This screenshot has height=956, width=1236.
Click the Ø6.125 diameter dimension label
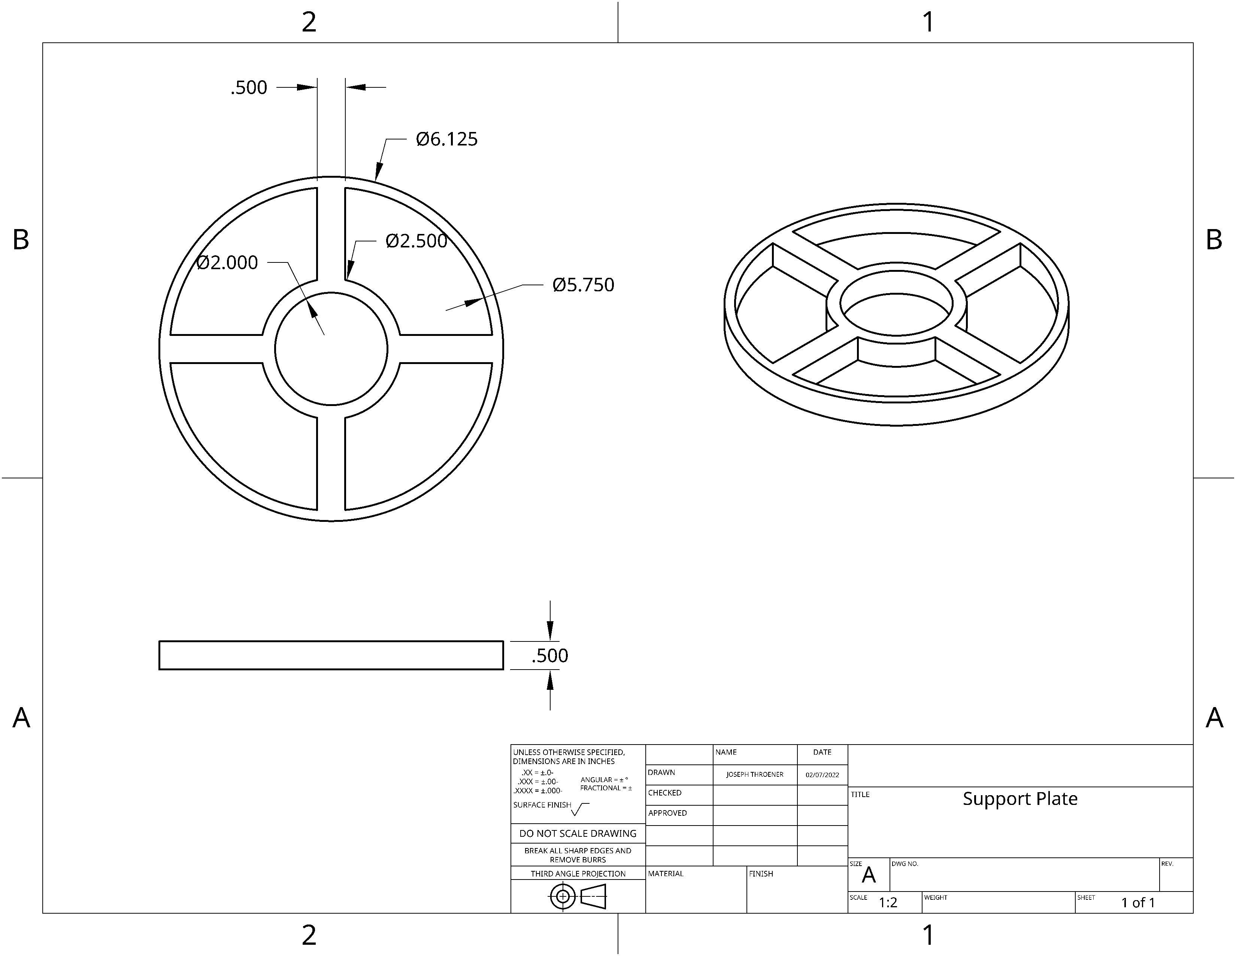pos(446,139)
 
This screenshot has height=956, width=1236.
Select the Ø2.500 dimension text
pos(416,241)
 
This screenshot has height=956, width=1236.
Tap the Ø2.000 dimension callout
pos(227,263)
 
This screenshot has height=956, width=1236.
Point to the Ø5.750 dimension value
pos(583,285)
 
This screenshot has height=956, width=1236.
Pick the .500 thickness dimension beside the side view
pos(549,656)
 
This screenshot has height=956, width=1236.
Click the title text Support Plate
pos(1020,799)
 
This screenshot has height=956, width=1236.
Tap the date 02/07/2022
pos(822,775)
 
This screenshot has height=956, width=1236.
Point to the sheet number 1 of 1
pos(1137,903)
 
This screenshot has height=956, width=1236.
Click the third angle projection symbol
pos(577,896)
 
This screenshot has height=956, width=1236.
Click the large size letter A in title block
pos(868,875)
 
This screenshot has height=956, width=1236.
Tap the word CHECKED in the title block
pos(664,793)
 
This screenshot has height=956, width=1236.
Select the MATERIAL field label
pos(666,874)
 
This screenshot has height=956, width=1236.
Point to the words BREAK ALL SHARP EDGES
pos(577,851)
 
